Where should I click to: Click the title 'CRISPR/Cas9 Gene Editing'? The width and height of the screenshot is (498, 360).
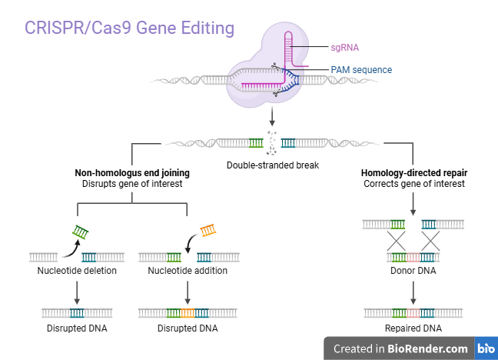[129, 28]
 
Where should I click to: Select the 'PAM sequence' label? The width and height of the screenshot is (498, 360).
[361, 70]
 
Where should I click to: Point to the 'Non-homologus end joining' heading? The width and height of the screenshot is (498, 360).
[132, 173]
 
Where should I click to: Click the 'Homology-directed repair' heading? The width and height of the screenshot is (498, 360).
[414, 173]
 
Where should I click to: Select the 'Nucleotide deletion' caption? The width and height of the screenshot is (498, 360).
[77, 271]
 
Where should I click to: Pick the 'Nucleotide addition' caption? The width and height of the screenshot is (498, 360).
[188, 271]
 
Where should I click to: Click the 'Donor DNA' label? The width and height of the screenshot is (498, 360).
[414, 271]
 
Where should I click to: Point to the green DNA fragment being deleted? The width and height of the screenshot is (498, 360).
[81, 231]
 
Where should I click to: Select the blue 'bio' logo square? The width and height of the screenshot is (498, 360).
[486, 348]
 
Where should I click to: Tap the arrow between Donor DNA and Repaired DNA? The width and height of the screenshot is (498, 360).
[414, 291]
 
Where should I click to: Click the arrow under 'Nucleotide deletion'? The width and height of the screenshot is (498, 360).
[77, 291]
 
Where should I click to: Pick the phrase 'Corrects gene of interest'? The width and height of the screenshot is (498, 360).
[414, 185]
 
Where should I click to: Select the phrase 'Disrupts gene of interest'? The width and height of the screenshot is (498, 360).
[132, 185]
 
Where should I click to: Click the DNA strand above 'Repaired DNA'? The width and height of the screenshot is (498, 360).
[414, 313]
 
